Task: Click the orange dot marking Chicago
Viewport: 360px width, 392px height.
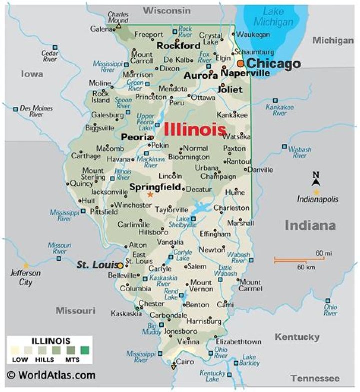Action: point(241,64)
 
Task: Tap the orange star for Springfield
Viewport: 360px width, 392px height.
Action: point(150,195)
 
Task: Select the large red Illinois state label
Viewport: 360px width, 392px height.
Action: point(195,130)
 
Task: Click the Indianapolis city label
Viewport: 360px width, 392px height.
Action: point(317,199)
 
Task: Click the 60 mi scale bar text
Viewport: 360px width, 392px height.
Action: point(323,254)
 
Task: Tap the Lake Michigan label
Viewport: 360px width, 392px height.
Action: point(273,17)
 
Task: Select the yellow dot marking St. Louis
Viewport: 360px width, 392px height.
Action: point(120,265)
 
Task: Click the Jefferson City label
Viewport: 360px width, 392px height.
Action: point(26,278)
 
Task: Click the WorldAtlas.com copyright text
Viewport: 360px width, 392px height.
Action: point(51,374)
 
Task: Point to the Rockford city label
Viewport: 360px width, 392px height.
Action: point(178,46)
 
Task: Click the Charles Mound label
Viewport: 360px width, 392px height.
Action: point(118,18)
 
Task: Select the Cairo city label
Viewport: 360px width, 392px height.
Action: point(185,362)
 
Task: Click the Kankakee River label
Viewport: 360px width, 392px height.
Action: point(276,110)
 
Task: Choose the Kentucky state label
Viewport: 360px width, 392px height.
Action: point(297,337)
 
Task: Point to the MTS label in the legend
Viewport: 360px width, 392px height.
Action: point(73,359)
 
